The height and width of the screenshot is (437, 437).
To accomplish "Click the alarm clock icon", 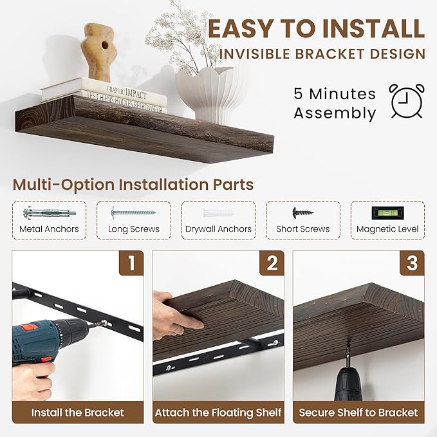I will (407, 102).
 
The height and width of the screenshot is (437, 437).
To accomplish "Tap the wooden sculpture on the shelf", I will (98, 51).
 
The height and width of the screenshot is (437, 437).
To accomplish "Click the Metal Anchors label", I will (50, 229).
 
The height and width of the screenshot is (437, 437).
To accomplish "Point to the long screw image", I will (133, 212).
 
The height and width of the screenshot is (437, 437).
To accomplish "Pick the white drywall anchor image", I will (218, 212).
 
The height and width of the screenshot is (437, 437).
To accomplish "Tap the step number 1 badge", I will (131, 263).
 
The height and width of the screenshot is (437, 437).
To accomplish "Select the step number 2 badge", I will (272, 263).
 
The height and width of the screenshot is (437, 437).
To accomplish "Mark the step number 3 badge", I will (412, 263).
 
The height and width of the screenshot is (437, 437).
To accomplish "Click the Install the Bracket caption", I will (78, 413).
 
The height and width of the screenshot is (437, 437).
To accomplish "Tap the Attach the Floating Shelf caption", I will (218, 413).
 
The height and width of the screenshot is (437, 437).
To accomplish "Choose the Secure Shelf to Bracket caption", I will (358, 413).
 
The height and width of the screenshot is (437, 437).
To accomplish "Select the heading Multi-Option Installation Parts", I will (133, 185).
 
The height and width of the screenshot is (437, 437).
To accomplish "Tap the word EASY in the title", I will (245, 29).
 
